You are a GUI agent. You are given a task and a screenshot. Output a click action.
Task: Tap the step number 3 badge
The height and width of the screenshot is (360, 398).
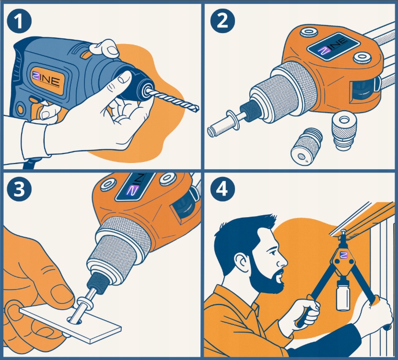19,189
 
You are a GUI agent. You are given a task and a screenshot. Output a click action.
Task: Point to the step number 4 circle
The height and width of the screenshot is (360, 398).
222,189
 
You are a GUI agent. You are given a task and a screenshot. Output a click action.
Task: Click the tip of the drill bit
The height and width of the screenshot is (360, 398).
198,109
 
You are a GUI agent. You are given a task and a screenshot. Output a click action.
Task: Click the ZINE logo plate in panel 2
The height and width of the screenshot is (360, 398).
333,46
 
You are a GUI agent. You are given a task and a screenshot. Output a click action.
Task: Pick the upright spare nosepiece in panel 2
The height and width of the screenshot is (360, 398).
343,131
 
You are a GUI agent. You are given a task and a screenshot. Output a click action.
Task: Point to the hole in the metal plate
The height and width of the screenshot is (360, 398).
75,322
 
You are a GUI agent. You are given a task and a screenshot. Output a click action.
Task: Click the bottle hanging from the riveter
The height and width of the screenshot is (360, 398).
342,294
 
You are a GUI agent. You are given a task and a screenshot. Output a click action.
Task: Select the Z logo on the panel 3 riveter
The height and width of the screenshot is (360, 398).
132,190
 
